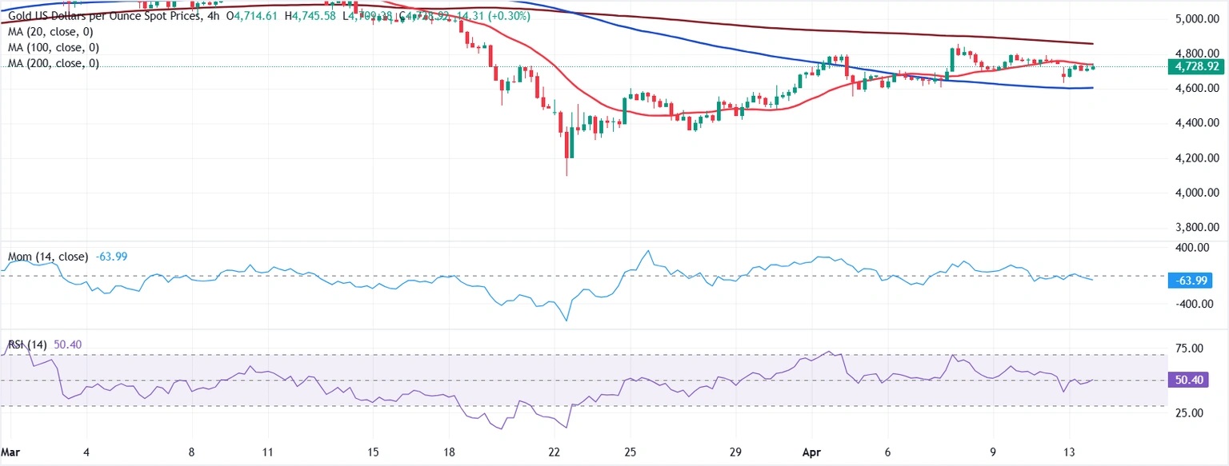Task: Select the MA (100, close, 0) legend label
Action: [52, 47]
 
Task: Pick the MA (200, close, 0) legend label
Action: [52, 63]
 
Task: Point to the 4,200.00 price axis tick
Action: [1191, 158]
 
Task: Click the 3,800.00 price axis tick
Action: [1191, 228]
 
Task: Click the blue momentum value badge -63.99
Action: [1192, 281]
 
